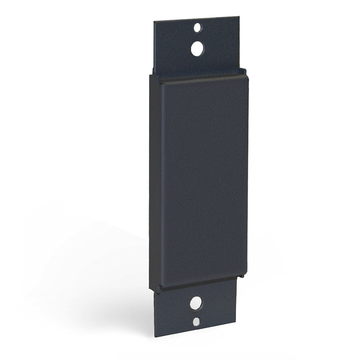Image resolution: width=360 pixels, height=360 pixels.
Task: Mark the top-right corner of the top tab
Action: coord(239,17)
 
